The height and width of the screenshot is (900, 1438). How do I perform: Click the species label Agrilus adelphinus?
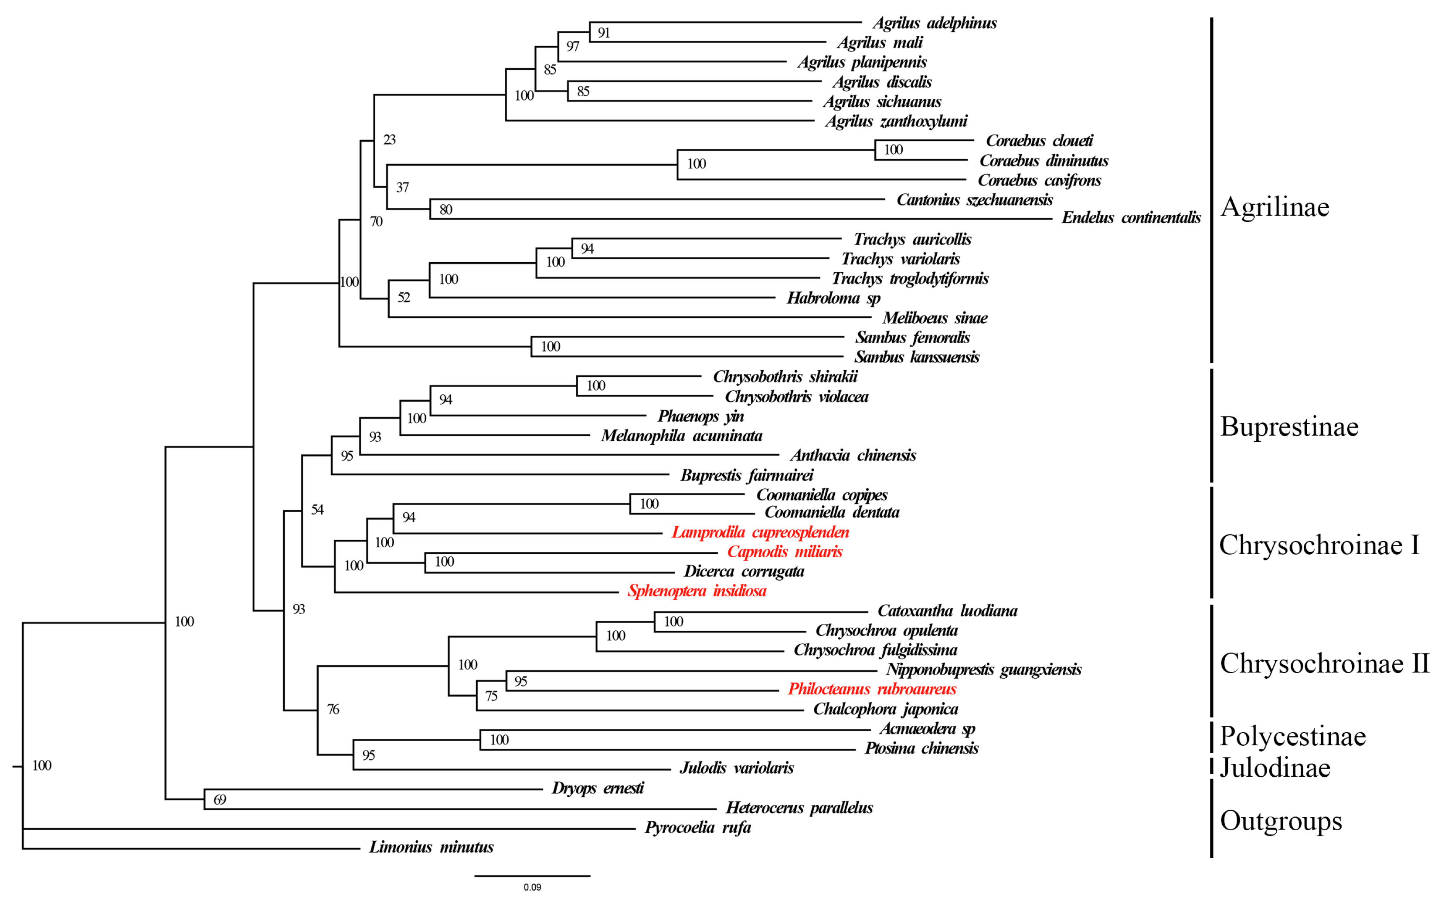pyautogui.click(x=934, y=23)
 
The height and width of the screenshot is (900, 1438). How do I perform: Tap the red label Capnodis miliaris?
pyautogui.click(x=784, y=552)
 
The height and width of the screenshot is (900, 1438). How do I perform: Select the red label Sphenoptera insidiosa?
pyautogui.click(x=697, y=591)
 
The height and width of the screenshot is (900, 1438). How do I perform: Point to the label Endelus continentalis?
pyautogui.click(x=1131, y=218)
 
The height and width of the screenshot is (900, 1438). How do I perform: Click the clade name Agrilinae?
pyautogui.click(x=1274, y=207)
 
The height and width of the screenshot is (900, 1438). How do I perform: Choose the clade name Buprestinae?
pyautogui.click(x=1289, y=427)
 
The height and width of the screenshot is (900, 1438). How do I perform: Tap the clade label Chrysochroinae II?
pyautogui.click(x=1324, y=663)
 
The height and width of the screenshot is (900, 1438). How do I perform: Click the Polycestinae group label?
pyautogui.click(x=1292, y=736)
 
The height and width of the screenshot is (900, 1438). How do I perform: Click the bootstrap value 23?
pyautogui.click(x=389, y=140)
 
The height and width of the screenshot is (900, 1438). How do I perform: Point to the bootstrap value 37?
pyautogui.click(x=402, y=187)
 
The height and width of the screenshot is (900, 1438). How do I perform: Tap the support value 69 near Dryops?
pyautogui.click(x=220, y=800)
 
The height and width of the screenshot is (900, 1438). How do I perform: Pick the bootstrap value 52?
pyautogui.click(x=404, y=298)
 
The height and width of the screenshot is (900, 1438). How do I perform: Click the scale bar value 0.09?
pyautogui.click(x=532, y=887)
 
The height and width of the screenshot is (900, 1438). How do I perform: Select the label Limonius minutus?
pyautogui.click(x=431, y=847)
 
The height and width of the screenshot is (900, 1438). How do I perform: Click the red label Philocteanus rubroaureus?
pyautogui.click(x=872, y=689)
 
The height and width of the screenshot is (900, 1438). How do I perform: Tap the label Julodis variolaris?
pyautogui.click(x=737, y=768)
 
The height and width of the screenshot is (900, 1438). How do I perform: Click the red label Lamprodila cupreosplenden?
pyautogui.click(x=760, y=532)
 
